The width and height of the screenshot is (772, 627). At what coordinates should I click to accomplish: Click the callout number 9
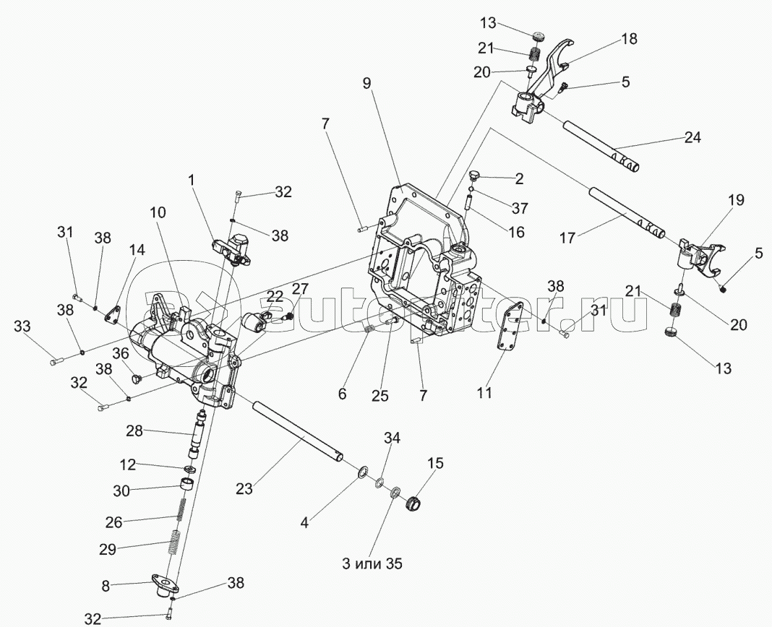coord(367,84)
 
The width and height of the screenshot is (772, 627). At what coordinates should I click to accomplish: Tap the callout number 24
coord(692,137)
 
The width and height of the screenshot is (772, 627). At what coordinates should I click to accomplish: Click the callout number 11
coord(484,393)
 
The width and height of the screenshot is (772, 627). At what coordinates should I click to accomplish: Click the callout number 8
coord(106,587)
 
